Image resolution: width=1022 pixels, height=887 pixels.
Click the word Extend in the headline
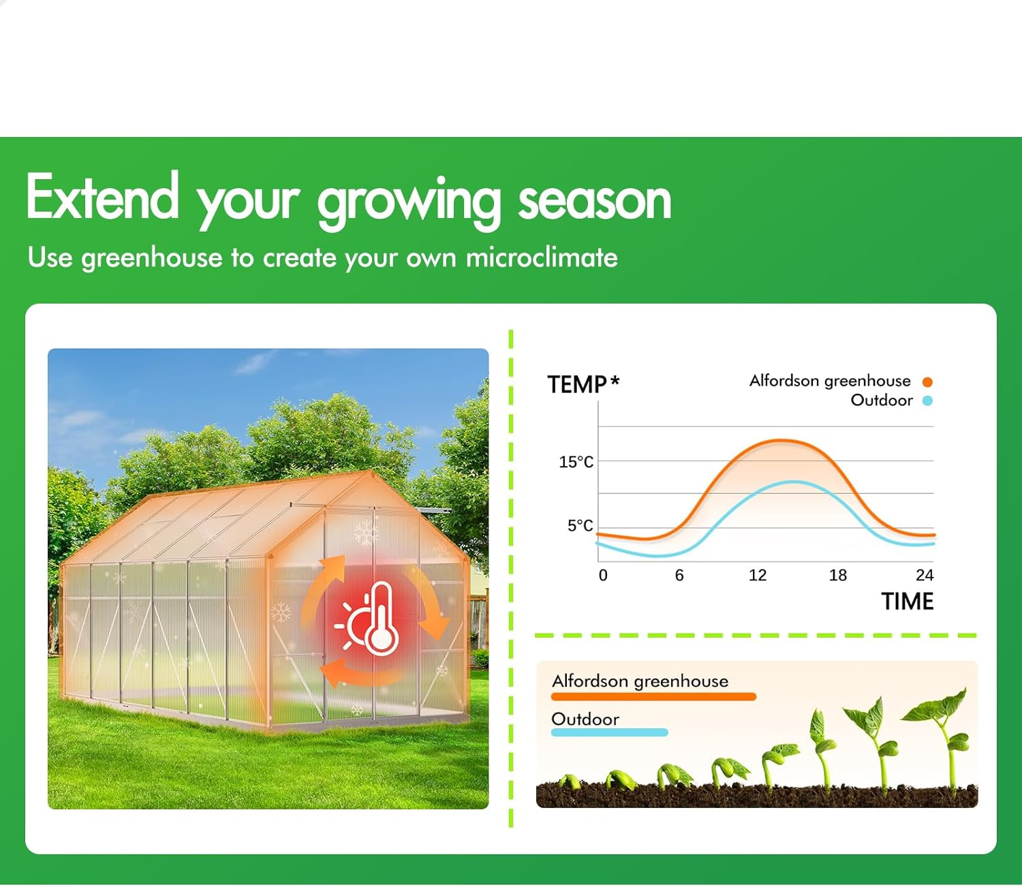(x=102, y=198)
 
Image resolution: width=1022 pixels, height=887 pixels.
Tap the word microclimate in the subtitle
(x=542, y=258)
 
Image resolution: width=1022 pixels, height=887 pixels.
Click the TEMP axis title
(x=576, y=385)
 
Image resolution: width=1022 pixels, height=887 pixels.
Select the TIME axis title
(x=907, y=602)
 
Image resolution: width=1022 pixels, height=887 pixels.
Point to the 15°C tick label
(x=576, y=462)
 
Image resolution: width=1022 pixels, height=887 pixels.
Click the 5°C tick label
(x=580, y=525)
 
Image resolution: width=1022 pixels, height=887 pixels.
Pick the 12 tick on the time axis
(x=757, y=575)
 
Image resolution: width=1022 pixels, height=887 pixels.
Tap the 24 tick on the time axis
(x=924, y=575)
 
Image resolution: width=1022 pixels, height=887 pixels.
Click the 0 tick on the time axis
(x=603, y=575)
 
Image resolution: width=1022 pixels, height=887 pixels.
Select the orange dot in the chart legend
(x=927, y=382)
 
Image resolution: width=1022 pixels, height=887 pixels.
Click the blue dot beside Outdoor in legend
(x=927, y=401)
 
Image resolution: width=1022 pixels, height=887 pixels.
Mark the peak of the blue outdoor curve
(x=794, y=482)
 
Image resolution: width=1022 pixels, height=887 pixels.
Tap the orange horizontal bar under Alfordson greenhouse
(x=653, y=697)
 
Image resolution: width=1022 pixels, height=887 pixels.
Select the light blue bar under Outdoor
(x=609, y=732)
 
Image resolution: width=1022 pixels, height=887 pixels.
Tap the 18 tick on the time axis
(x=837, y=575)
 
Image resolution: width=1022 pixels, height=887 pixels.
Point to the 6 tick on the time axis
(x=679, y=575)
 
